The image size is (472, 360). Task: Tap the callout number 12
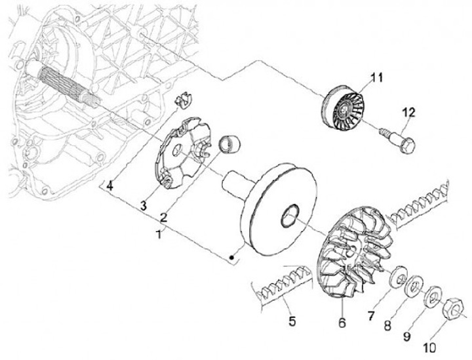tap(408, 114)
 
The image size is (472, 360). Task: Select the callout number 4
tap(110, 186)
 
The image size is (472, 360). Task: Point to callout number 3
tap(142, 207)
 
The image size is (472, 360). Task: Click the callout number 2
tap(164, 216)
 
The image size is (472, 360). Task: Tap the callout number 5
tap(292, 321)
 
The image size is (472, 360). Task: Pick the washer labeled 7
tap(397, 278)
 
